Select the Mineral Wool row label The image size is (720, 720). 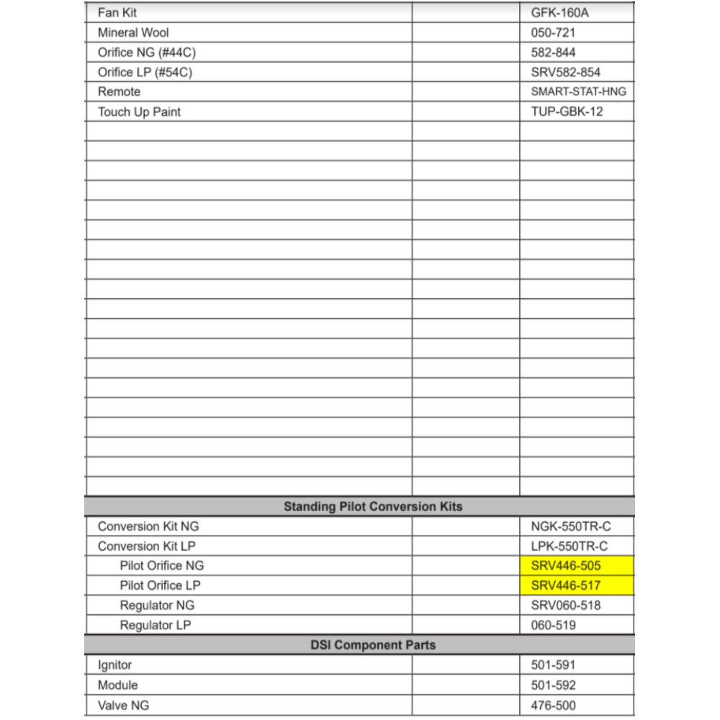[133, 32]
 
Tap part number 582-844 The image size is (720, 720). [553, 53]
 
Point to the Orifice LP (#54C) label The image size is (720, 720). [145, 72]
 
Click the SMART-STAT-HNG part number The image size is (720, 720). [578, 91]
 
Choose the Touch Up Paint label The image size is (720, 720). [139, 112]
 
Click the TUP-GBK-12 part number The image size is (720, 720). [567, 112]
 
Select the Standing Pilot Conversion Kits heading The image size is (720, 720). [373, 506]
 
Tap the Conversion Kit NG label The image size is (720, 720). [148, 526]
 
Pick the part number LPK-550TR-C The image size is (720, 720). [569, 546]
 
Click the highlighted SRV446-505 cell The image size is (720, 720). [576, 566]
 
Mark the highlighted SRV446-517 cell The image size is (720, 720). [576, 585]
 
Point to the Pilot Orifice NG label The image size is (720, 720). [162, 566]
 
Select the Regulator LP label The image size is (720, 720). [156, 625]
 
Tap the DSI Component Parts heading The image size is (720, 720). [373, 644]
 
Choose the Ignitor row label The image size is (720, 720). [114, 665]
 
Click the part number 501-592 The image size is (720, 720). [553, 685]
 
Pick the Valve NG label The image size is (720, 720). [123, 705]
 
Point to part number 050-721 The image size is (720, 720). [553, 32]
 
